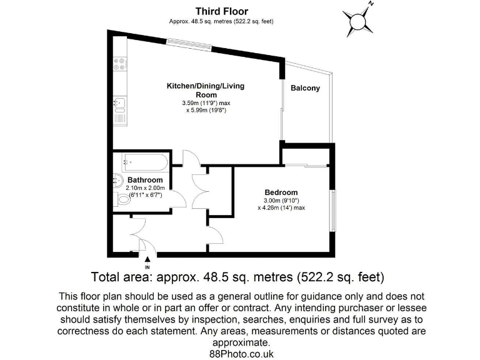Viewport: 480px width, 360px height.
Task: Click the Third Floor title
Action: pos(221,11)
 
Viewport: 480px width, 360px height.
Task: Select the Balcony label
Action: pos(305,88)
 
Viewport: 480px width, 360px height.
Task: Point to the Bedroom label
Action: pos(281,192)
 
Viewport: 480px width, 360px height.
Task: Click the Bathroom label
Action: pos(145,180)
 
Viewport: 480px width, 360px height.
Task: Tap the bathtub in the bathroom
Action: pos(144,162)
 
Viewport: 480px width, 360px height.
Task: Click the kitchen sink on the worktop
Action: pos(119,104)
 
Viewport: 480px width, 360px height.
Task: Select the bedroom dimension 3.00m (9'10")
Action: pos(281,200)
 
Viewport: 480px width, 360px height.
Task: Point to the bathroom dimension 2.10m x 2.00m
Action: pos(145,187)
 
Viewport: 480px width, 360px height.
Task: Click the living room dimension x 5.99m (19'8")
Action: pos(205,110)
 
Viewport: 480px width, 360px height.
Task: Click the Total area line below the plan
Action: pos(237,276)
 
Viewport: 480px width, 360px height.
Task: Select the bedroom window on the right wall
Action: pos(332,210)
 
